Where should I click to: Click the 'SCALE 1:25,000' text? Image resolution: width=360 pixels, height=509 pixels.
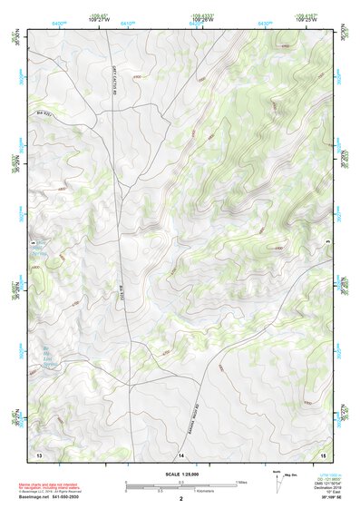click(x=180, y=474)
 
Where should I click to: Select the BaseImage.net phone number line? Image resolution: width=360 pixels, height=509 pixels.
click(x=48, y=497)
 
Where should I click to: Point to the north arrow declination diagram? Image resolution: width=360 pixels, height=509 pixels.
click(x=277, y=485)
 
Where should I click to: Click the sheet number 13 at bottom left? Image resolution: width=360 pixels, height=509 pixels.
click(x=39, y=452)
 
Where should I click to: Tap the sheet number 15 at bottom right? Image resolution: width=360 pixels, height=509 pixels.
click(x=323, y=452)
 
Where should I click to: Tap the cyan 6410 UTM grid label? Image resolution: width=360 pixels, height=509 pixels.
click(x=127, y=23)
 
